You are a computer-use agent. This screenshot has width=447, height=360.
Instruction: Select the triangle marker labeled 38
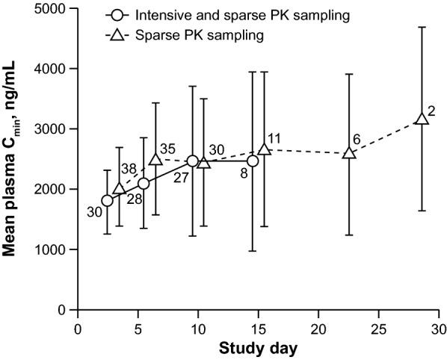(x=120, y=189)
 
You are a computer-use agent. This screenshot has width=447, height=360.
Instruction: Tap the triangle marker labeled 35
(x=155, y=159)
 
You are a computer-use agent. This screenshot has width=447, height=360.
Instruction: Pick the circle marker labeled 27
(x=192, y=161)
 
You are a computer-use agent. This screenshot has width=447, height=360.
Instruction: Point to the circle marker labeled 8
(x=253, y=161)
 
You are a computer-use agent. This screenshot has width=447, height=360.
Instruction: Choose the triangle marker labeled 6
(x=348, y=153)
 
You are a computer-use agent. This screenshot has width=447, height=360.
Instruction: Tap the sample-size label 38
(x=129, y=169)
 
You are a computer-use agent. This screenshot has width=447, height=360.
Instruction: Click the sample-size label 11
(x=275, y=139)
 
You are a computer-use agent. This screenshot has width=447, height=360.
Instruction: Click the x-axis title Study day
(x=258, y=348)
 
